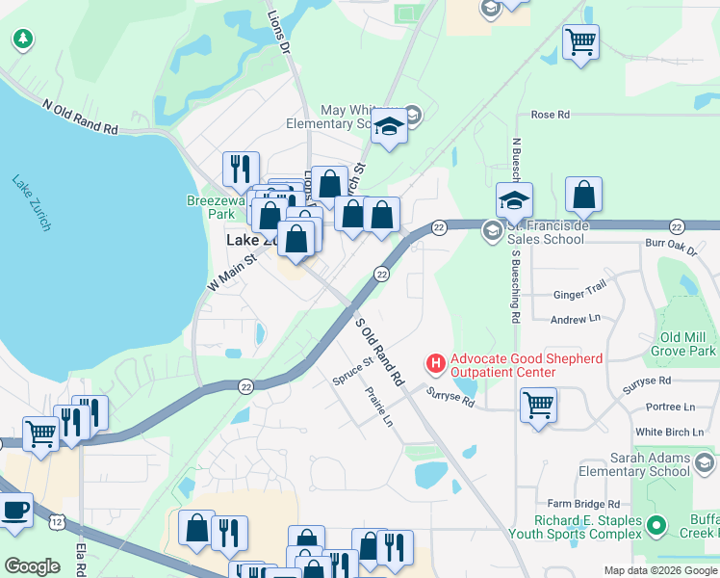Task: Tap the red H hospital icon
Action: coord(436,363)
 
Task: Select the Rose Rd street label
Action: coord(550,115)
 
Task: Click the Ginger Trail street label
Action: coord(579,295)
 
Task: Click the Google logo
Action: coord(32,566)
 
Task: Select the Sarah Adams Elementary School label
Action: coord(648,464)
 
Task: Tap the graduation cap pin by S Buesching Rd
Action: coord(514,200)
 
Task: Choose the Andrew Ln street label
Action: coord(575,319)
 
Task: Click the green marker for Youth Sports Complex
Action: coord(656,526)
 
